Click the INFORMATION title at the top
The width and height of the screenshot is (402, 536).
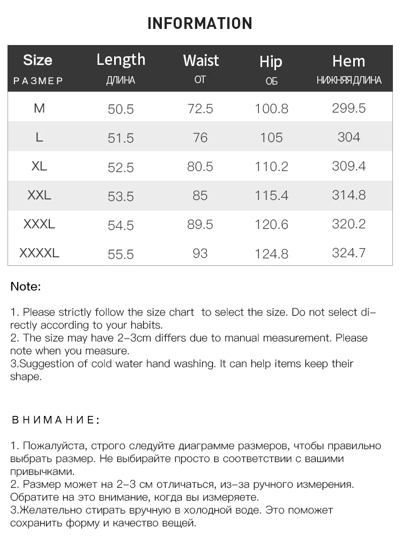[199, 24]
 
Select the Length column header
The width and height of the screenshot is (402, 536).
[121, 59]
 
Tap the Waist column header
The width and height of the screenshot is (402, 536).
[200, 60]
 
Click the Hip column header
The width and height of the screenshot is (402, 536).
[271, 61]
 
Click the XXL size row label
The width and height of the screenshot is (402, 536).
[39, 195]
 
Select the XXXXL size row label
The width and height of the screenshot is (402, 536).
[39, 253]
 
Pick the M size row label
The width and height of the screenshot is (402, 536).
[39, 108]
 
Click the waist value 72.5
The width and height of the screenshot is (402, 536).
[200, 109]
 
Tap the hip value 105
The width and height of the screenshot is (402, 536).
[271, 138]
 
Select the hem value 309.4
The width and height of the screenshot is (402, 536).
[348, 166]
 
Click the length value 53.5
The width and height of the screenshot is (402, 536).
[121, 196]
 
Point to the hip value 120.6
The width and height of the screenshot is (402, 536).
[272, 225]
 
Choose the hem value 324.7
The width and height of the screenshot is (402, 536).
[348, 253]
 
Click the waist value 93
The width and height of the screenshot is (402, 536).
[200, 253]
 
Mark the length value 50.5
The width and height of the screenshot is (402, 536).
[121, 109]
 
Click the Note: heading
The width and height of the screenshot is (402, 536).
[25, 286]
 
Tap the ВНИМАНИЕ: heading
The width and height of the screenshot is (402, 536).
[55, 420]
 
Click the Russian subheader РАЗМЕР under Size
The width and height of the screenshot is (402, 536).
[38, 81]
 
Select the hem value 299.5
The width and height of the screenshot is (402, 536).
[348, 108]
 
